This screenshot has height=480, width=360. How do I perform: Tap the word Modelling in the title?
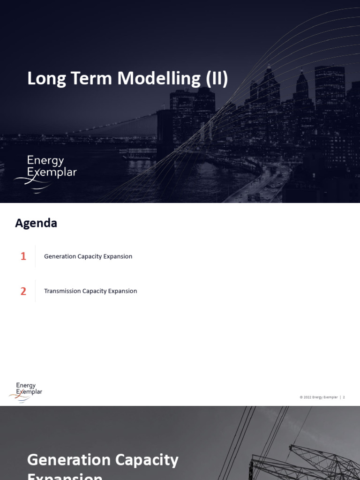tap(159, 78)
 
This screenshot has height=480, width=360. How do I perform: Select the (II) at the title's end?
tap(217, 78)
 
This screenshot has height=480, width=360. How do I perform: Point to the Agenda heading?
tap(36, 223)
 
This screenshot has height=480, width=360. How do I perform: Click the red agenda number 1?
tap(23, 256)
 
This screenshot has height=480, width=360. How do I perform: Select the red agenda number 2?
tap(23, 291)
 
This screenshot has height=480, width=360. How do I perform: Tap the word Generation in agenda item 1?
tap(60, 256)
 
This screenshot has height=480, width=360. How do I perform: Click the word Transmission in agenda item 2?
tap(62, 291)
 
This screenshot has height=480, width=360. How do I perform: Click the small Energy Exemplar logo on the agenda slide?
tap(26, 392)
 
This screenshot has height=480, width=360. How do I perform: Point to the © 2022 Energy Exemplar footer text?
tap(318, 397)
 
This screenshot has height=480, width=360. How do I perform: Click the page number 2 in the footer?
tap(344, 397)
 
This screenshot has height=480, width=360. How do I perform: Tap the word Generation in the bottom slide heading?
tap(68, 460)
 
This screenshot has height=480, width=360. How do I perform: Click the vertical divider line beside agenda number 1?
tap(36, 256)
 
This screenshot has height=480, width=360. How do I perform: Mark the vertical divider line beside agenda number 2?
tap(36, 291)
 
